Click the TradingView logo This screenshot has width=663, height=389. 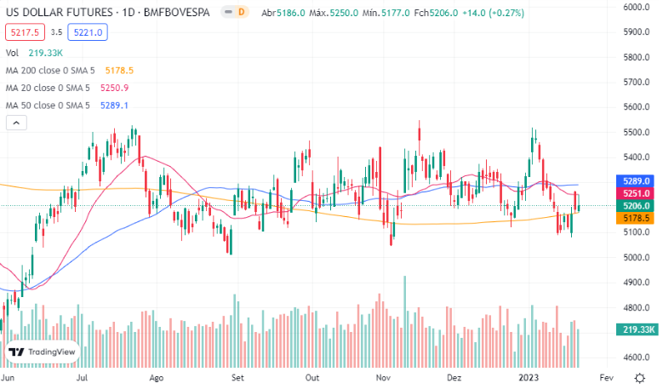point(43,352)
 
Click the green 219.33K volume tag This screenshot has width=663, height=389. point(638,329)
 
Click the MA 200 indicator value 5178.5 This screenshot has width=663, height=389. point(119,71)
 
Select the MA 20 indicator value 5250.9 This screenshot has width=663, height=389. point(114,88)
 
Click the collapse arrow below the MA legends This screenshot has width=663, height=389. point(14,123)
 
